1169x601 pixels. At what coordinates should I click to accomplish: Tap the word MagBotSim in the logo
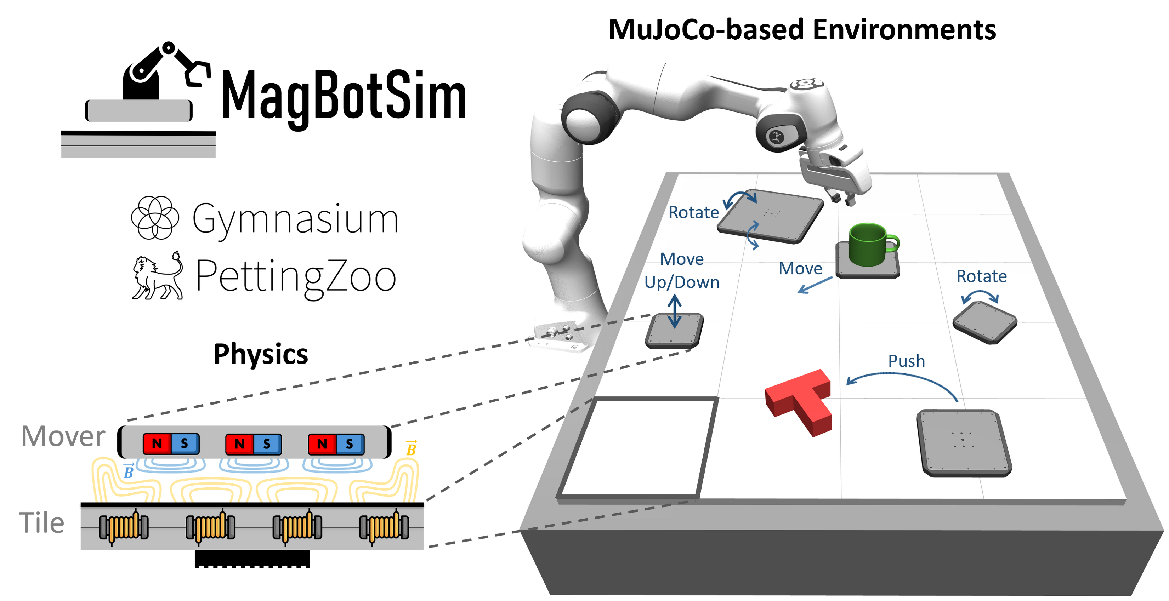[344, 96]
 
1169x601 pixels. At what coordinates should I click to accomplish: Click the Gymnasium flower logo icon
[155, 218]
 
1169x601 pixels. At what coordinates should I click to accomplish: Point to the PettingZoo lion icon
[157, 277]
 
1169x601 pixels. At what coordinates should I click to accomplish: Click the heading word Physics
[261, 354]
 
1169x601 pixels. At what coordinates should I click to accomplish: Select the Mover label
[63, 436]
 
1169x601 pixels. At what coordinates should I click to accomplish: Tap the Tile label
[42, 522]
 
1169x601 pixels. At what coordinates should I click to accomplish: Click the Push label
[906, 361]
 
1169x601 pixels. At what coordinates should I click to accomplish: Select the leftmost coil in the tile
[124, 527]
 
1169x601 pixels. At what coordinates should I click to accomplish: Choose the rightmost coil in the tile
[384, 527]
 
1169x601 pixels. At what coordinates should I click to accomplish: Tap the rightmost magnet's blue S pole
[350, 443]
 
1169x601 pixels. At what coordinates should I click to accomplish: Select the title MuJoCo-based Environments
[802, 30]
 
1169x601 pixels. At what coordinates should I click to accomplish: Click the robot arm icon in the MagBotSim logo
[166, 70]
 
